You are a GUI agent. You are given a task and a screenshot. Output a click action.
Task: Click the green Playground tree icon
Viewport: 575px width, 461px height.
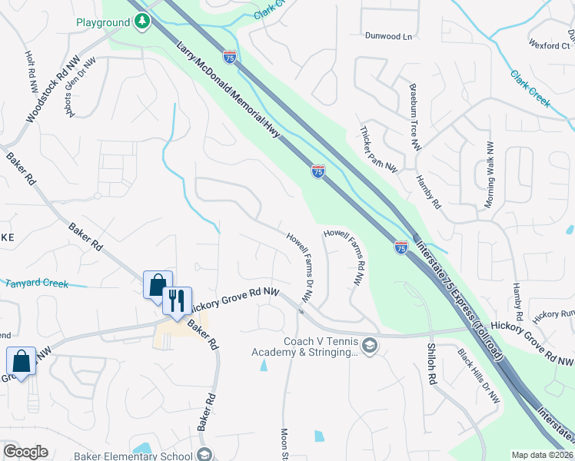tap(141, 23)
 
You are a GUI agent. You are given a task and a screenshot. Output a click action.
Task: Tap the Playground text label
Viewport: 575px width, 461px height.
tap(103, 23)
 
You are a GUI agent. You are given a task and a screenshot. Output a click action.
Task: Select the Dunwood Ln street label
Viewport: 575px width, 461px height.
tap(389, 36)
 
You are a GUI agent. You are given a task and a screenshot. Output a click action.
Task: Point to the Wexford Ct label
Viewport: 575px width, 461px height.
tap(549, 46)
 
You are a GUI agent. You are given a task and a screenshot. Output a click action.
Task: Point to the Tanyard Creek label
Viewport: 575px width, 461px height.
tap(37, 284)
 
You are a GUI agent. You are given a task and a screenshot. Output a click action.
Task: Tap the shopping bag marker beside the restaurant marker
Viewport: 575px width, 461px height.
tap(158, 286)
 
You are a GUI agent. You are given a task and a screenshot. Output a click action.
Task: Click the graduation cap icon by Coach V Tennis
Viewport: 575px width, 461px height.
tap(371, 346)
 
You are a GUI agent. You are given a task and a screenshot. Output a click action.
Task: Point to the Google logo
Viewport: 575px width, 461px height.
tap(25, 452)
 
